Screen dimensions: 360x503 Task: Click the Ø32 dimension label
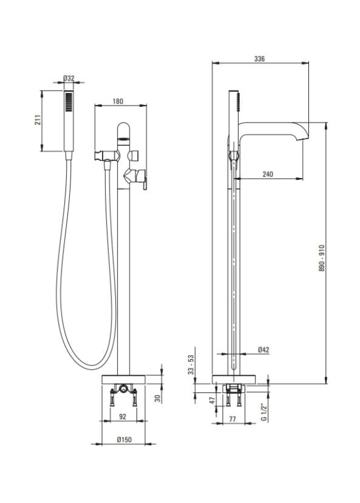(x=69, y=78)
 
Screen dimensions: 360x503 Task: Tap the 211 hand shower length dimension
(x=38, y=119)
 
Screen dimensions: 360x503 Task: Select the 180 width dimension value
(x=118, y=101)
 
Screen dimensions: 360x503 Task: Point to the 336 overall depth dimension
(x=259, y=58)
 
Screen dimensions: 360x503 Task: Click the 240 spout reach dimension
(x=268, y=174)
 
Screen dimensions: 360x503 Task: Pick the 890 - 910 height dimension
(x=322, y=258)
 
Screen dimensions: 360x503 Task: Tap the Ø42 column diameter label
(x=263, y=350)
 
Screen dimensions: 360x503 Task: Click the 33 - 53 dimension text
(x=191, y=365)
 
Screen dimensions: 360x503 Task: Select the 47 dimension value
(x=212, y=401)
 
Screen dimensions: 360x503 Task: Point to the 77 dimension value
(x=232, y=419)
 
